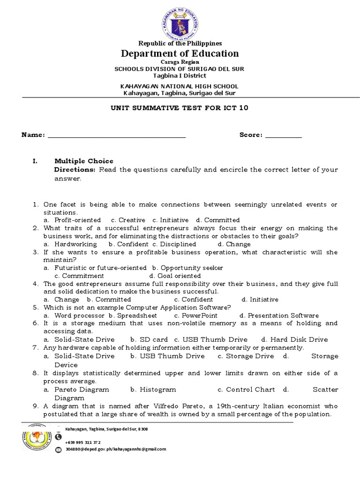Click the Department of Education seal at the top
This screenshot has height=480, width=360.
click(x=180, y=21)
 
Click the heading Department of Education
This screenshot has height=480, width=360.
click(x=180, y=53)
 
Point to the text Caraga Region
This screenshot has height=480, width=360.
click(x=180, y=62)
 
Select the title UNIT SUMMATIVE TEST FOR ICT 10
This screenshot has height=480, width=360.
click(x=180, y=108)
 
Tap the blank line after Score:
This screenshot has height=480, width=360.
click(x=284, y=135)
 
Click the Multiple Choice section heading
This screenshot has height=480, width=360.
click(x=84, y=161)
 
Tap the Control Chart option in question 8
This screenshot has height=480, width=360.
click(x=246, y=390)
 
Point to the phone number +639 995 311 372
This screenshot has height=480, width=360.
click(x=83, y=442)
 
